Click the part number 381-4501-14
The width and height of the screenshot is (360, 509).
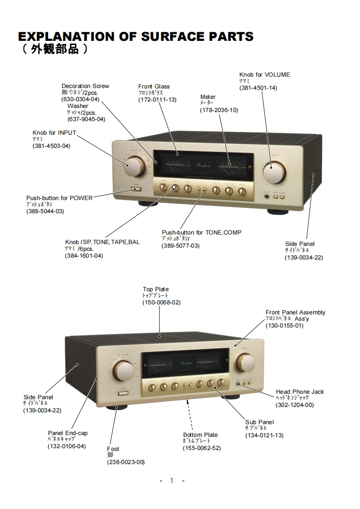[x=258, y=88]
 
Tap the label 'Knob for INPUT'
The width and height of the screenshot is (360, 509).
[x=54, y=133]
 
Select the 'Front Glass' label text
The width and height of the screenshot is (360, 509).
[x=154, y=86]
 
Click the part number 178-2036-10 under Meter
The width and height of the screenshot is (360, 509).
[x=219, y=110]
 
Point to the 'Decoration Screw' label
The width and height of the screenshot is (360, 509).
[x=85, y=86]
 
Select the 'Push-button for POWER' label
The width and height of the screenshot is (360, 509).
[x=59, y=198]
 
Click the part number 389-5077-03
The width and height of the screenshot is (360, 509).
[x=180, y=246]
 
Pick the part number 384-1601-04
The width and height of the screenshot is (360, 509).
[x=84, y=256]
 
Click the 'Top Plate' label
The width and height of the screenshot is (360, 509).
[x=156, y=289]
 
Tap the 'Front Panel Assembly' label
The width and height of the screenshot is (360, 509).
[x=295, y=312]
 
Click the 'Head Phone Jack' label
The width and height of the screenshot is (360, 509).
[x=300, y=392]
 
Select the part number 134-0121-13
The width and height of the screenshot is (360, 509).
[x=264, y=436]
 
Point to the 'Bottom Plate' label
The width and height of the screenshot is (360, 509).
[x=200, y=435]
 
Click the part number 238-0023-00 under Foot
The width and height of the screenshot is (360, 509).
[x=126, y=462]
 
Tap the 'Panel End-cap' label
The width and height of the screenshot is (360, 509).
[x=68, y=433]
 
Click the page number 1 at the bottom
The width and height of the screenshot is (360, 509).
[x=172, y=481]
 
